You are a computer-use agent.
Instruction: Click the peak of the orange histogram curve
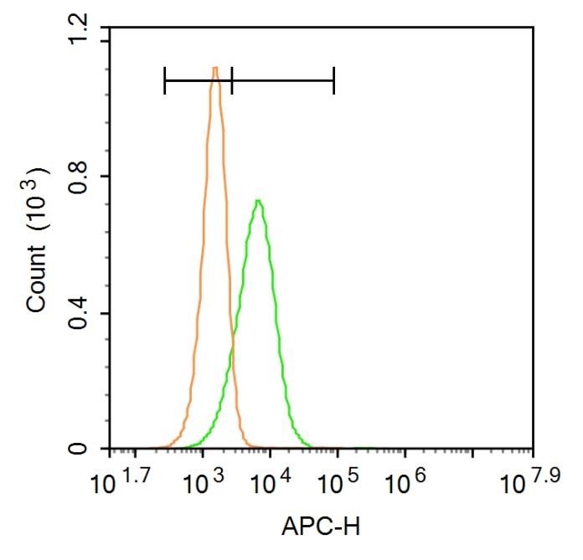215,69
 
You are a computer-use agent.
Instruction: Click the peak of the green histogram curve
259,202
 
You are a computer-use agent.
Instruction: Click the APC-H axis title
322,528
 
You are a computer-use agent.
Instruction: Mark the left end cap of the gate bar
165,80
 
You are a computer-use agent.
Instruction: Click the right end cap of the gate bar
333,80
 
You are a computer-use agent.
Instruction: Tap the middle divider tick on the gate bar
231,80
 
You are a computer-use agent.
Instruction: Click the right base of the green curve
310,447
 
